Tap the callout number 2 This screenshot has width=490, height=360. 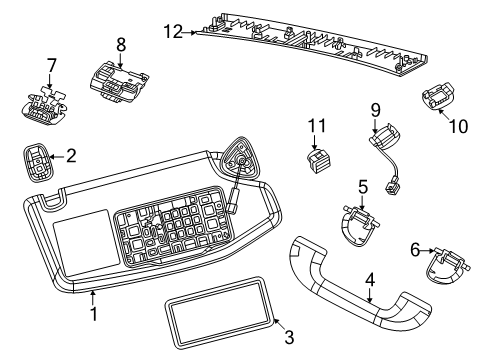point(70,155)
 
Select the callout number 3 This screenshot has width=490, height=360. point(289,336)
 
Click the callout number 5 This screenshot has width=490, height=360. point(362,186)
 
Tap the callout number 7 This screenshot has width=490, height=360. point(52,66)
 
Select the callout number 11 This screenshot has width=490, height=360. point(318,126)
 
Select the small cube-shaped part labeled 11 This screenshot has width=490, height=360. point(318,159)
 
